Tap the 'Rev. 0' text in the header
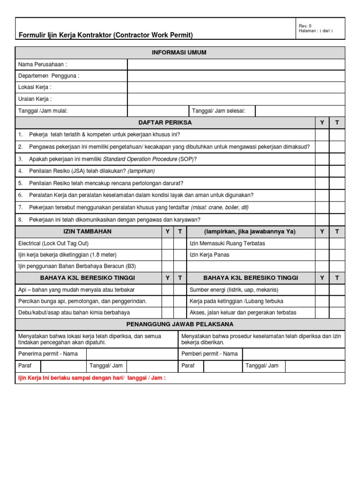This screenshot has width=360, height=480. point(305,26)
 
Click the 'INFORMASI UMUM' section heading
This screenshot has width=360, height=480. point(180,52)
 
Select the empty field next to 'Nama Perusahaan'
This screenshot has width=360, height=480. point(236,64)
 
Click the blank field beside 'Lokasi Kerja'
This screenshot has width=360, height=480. point(236,87)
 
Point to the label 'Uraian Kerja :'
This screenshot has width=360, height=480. point(35,99)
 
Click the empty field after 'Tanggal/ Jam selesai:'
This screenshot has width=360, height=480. point(300,111)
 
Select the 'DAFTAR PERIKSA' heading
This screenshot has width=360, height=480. point(165,122)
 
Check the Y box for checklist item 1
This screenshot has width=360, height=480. point(322,135)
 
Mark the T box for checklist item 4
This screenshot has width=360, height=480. point(337,171)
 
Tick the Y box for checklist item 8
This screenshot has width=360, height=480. point(322,219)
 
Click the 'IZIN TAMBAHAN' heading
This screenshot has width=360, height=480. point(87,232)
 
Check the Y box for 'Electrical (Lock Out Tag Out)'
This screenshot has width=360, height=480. point(167,243)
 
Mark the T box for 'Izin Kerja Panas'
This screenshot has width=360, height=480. point(337,255)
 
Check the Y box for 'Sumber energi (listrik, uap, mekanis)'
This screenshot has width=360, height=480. point(322,290)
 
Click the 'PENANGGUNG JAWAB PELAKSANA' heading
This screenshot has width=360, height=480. point(180,324)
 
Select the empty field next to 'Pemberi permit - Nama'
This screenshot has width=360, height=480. point(293,354)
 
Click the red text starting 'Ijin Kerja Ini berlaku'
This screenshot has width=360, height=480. point(91,378)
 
